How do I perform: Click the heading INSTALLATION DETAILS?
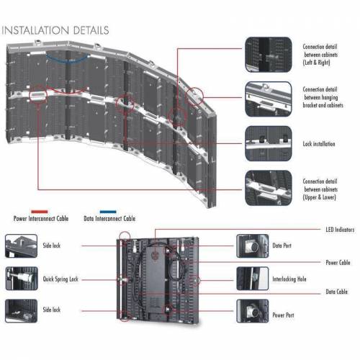click(x=55, y=30)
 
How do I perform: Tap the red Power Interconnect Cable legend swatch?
click(x=40, y=212)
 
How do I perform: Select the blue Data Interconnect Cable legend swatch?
click(x=108, y=212)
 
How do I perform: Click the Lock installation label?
click(x=319, y=144)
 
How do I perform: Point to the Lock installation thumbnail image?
click(x=269, y=143)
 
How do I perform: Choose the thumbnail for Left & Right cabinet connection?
click(x=269, y=55)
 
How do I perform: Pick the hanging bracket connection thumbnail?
click(x=269, y=99)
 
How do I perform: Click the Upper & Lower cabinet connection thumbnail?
click(x=269, y=188)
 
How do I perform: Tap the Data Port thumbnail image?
click(x=253, y=246)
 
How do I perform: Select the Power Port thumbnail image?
click(x=253, y=311)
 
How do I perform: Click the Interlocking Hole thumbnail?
click(x=253, y=279)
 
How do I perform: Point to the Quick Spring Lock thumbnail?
click(x=22, y=279)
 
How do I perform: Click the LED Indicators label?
click(x=340, y=230)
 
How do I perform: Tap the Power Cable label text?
click(x=338, y=262)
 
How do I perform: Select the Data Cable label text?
click(x=336, y=292)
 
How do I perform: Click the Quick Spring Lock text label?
click(x=60, y=279)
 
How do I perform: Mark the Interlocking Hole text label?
click(x=289, y=279)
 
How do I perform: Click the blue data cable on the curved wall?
click(x=68, y=60)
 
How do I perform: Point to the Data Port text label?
click(x=282, y=246)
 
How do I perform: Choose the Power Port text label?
click(x=283, y=315)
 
